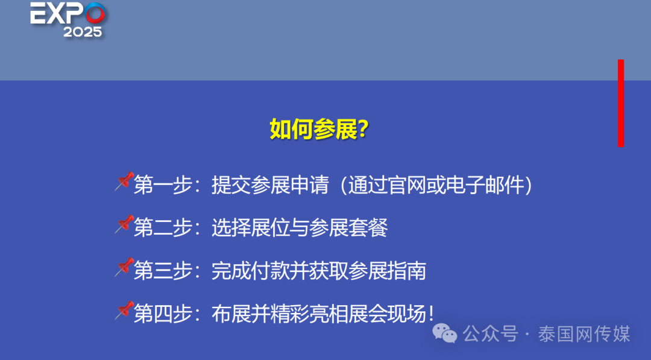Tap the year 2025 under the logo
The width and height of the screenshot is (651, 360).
(x=83, y=33)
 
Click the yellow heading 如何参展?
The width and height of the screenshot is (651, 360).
(x=319, y=130)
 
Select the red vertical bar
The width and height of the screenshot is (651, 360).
(x=621, y=103)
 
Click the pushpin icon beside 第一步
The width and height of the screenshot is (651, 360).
(x=124, y=181)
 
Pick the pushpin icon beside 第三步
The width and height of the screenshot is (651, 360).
(x=124, y=267)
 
